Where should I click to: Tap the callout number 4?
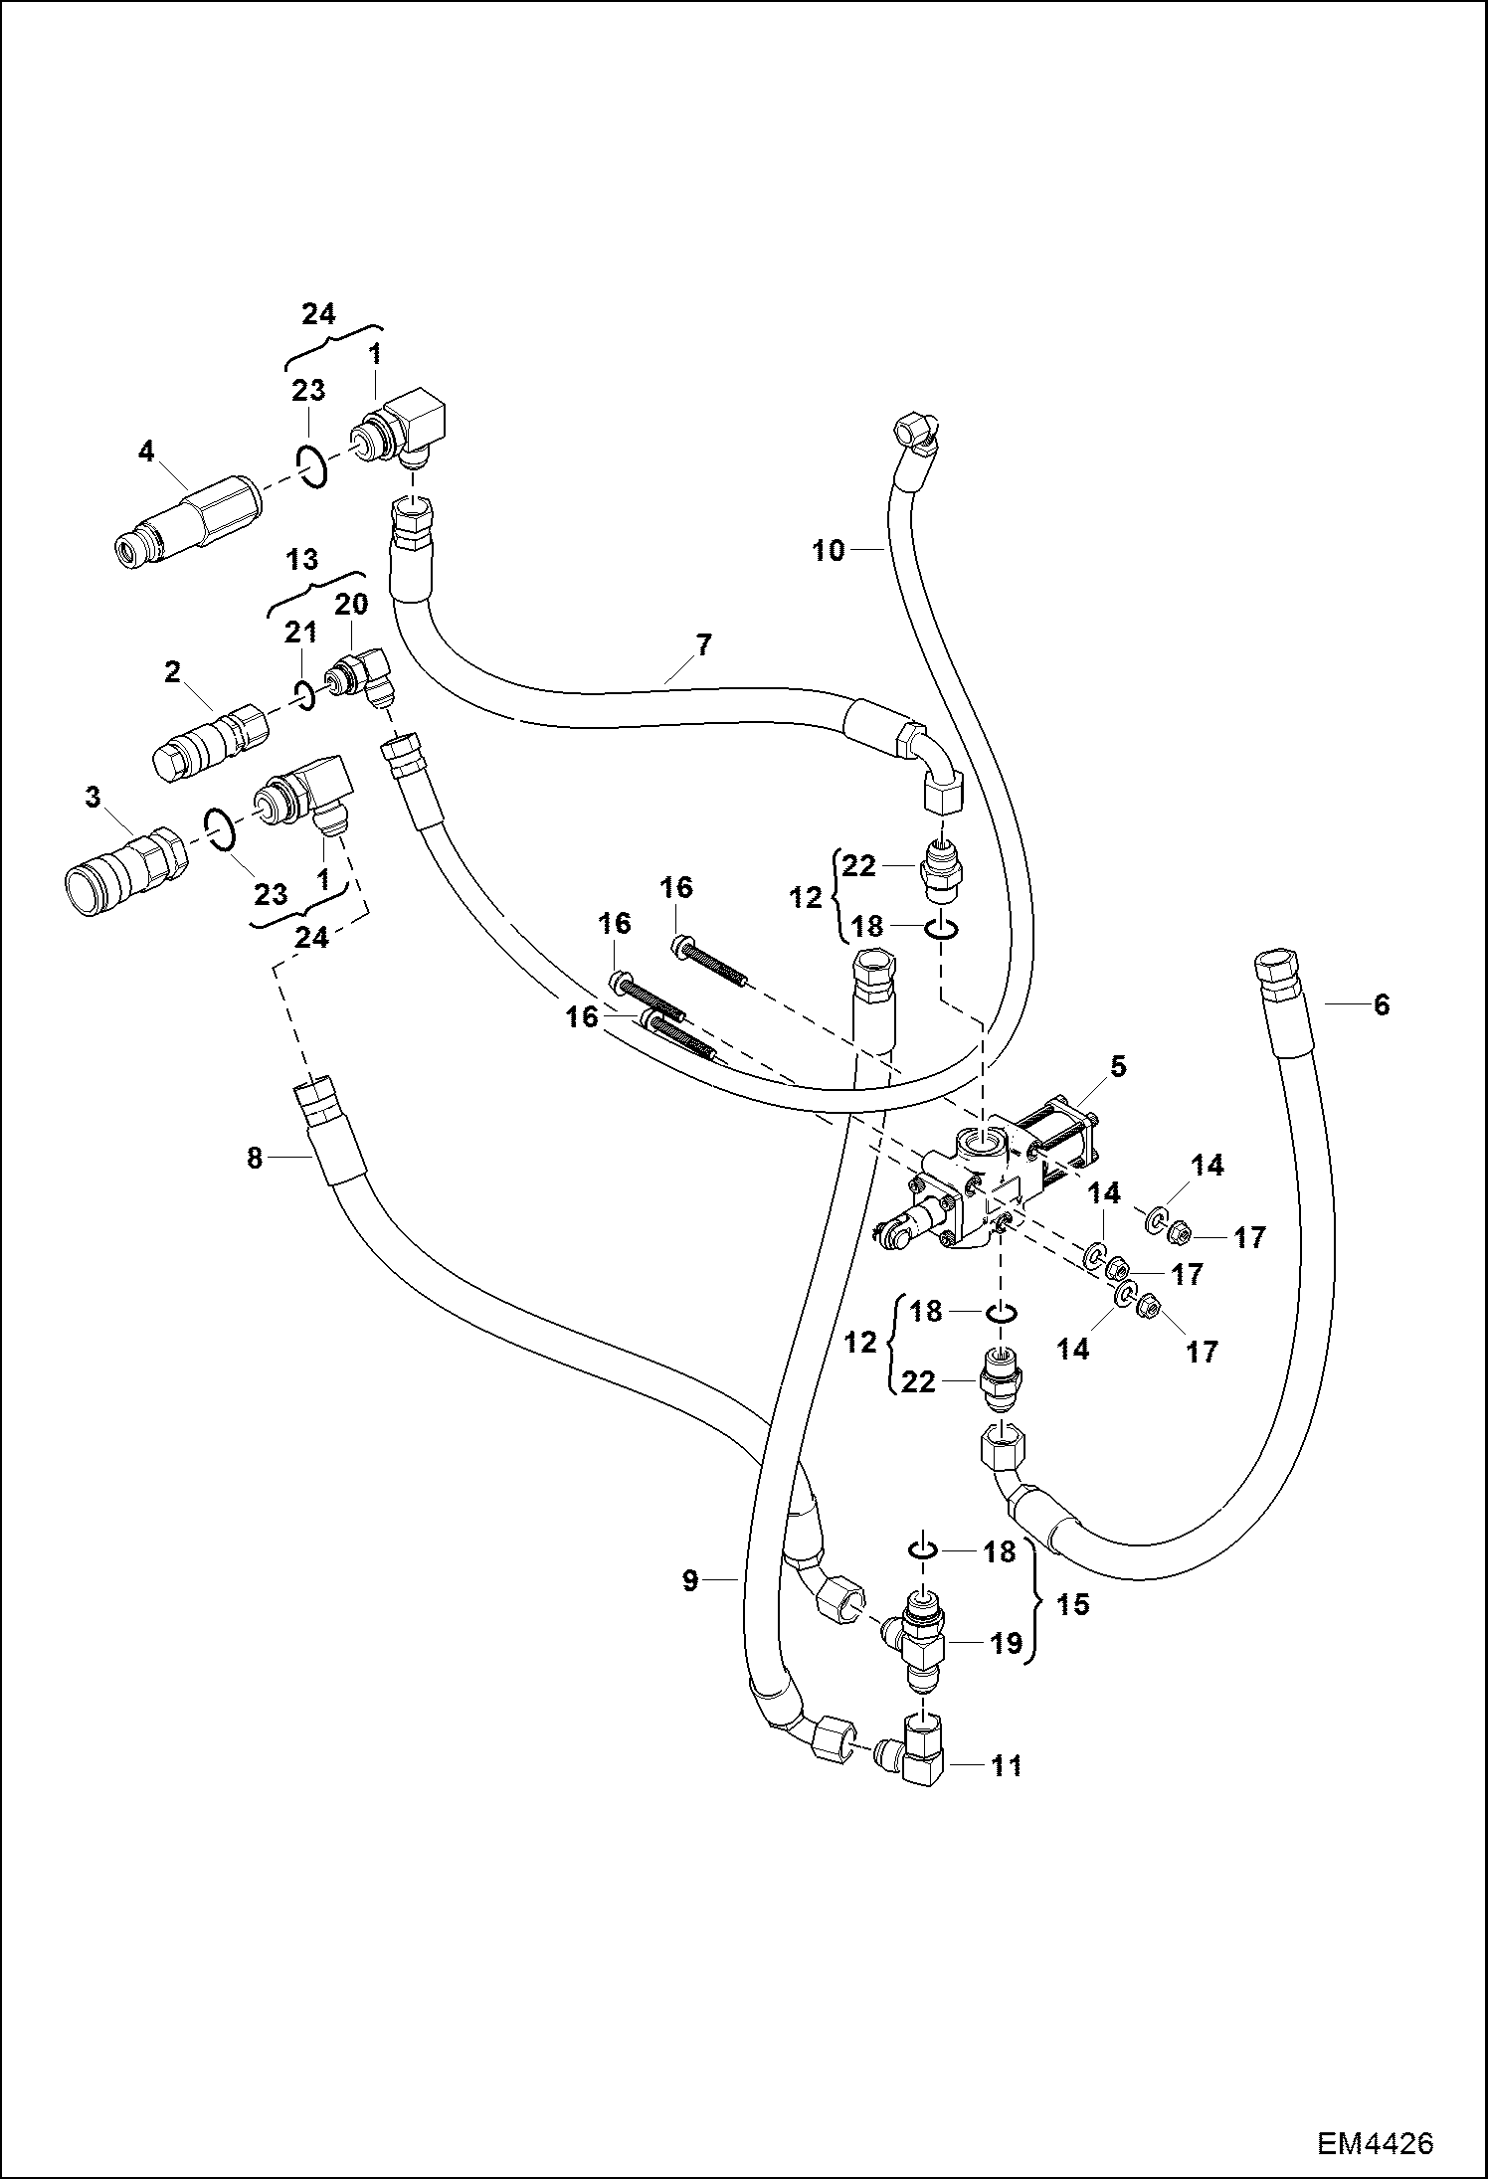click(x=146, y=453)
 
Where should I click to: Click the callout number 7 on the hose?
click(x=703, y=644)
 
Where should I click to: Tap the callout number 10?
click(x=828, y=550)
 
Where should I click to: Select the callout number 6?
click(x=1381, y=1004)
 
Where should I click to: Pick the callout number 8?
click(x=255, y=1158)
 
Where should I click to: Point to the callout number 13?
click(x=302, y=560)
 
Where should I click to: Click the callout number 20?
click(x=351, y=604)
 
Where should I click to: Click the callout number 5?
click(x=1118, y=1067)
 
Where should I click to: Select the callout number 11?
click(x=1007, y=1765)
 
